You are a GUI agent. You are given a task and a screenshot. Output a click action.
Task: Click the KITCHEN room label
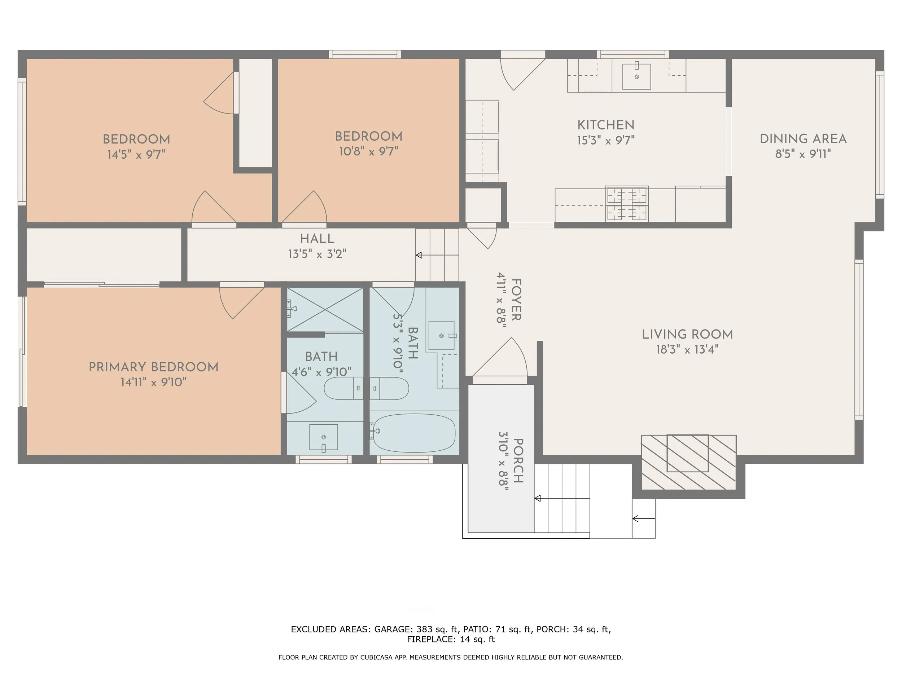[605, 125]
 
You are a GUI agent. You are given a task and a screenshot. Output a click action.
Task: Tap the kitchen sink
[636, 76]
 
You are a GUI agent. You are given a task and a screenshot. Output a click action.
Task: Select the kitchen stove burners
[627, 204]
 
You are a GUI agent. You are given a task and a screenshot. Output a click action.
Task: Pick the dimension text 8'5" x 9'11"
[803, 154]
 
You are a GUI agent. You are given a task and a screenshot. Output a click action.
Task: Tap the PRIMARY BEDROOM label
[153, 367]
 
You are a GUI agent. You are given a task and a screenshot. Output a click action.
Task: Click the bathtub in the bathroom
[414, 433]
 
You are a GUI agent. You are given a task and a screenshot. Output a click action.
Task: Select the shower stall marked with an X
[325, 310]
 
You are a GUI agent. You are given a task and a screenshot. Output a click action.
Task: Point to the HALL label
[317, 239]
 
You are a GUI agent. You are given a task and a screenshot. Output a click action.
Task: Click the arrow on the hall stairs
[437, 255]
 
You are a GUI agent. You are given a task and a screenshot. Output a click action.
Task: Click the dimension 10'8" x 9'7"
[368, 151]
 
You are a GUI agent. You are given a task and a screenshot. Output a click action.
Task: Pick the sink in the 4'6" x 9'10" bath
[323, 437]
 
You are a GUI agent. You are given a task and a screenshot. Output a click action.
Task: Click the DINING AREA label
[803, 139]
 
